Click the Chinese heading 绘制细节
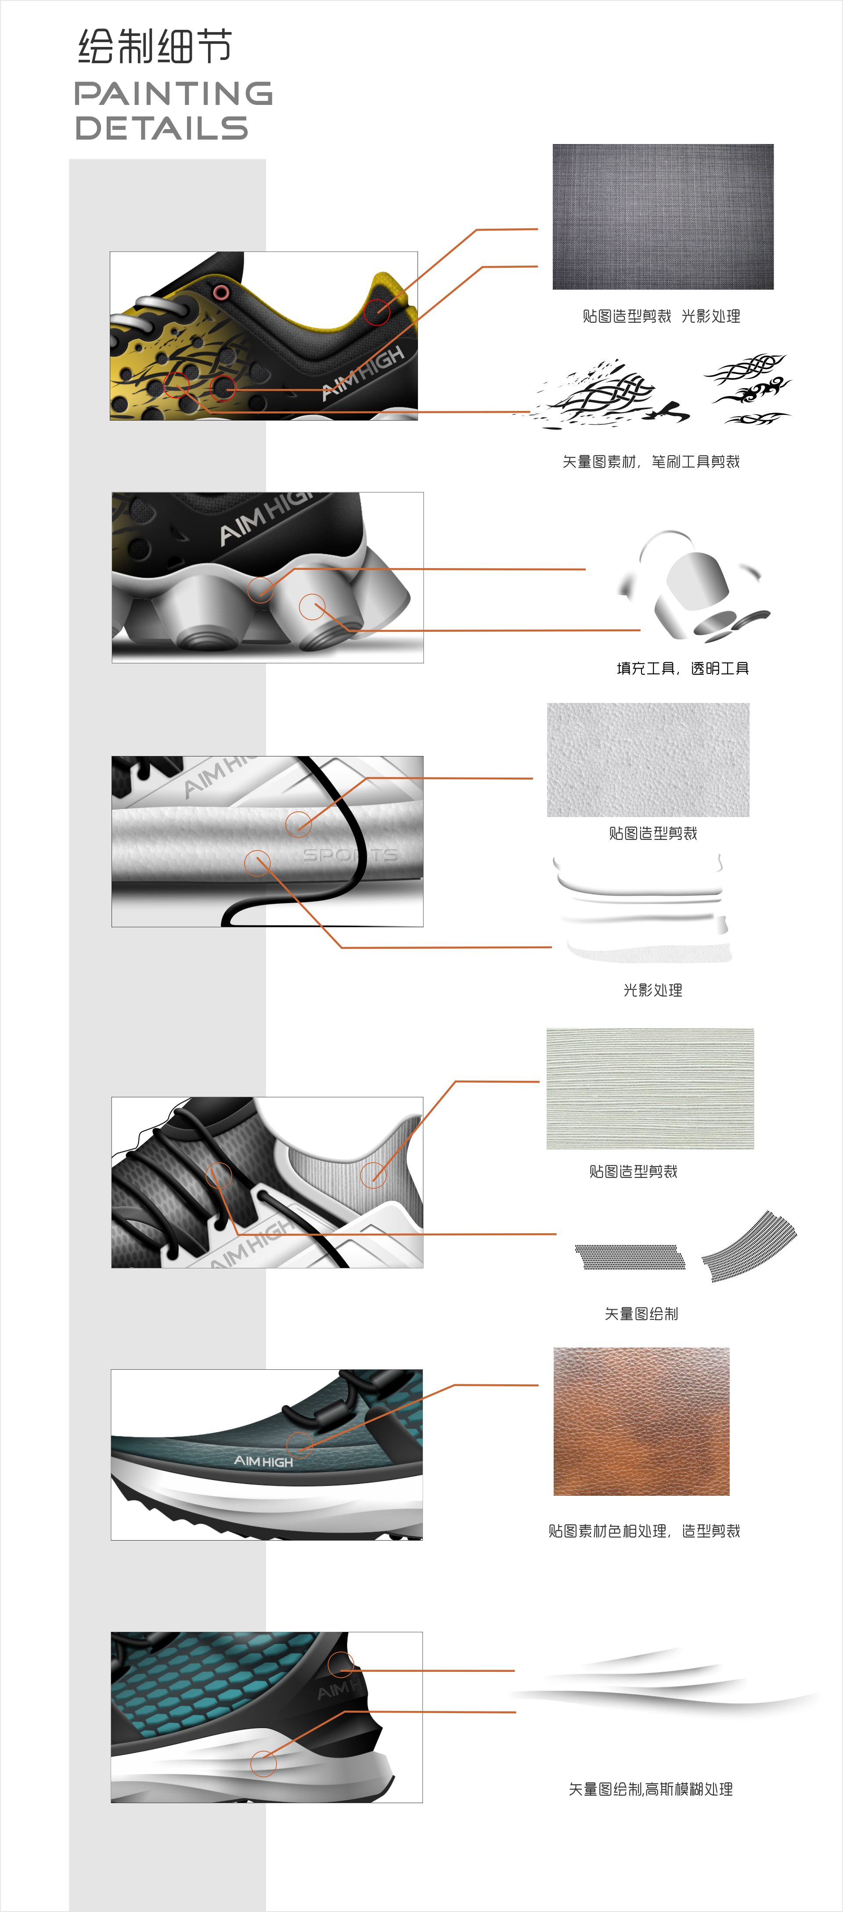(x=155, y=47)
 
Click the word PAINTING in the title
(x=173, y=94)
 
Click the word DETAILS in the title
(x=161, y=128)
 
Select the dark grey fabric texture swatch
(x=663, y=217)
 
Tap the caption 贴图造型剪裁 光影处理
(x=660, y=316)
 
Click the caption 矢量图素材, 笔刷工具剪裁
(x=651, y=462)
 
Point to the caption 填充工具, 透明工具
(x=682, y=669)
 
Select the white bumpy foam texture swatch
(x=648, y=759)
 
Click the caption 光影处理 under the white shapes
(x=652, y=990)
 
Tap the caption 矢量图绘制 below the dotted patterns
(x=641, y=1314)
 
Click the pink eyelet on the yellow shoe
(x=220, y=291)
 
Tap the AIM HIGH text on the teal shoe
(x=263, y=1461)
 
